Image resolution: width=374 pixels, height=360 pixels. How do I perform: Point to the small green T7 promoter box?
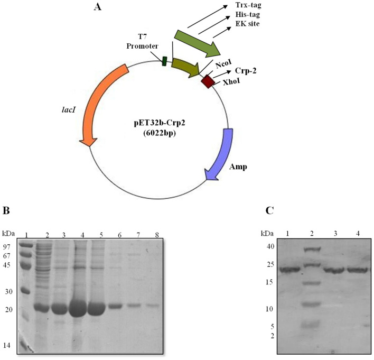click(164, 61)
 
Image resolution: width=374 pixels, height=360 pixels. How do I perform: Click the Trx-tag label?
click(250, 6)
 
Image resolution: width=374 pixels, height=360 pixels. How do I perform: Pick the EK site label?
click(249, 29)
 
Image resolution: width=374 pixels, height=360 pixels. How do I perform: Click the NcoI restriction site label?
click(223, 63)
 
